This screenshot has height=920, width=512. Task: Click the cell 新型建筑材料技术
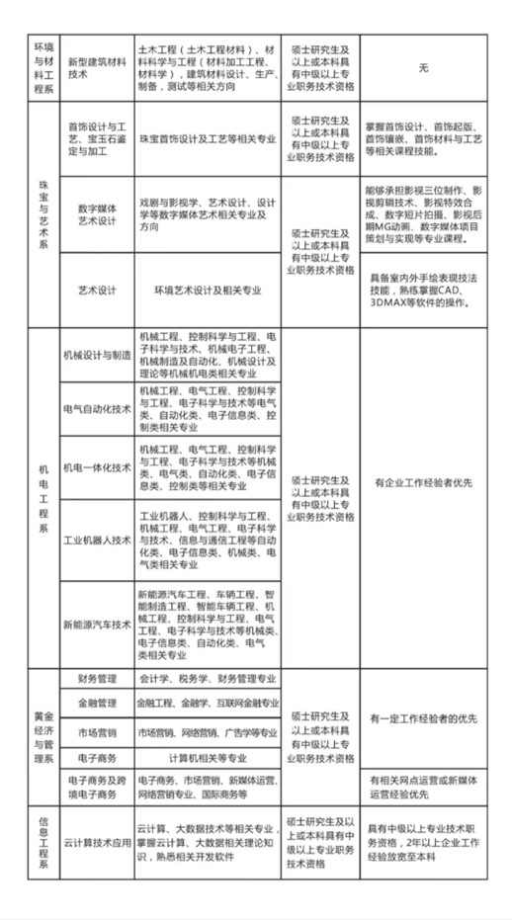coord(97,65)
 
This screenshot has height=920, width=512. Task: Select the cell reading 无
coord(423,65)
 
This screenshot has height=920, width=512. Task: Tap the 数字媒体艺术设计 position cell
coord(97,214)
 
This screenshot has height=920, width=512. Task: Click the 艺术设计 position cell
coord(97,291)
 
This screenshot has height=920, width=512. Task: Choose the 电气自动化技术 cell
coord(97,409)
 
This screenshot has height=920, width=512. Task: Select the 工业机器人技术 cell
coord(97,540)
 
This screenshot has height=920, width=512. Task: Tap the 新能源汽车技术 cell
coord(97,625)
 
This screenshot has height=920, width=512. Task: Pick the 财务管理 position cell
coord(97,679)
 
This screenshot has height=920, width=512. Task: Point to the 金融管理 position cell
coord(97,704)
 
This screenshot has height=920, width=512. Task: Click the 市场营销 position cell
coord(97,732)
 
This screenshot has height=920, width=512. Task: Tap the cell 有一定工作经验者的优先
coord(423,718)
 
